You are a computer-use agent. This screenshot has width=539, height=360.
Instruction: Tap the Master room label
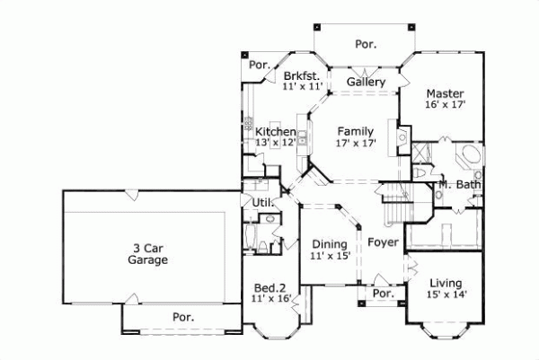pos(444,92)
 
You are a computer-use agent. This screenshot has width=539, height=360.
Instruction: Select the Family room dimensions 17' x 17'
pos(356,143)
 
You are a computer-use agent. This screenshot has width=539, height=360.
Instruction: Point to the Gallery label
pos(367,83)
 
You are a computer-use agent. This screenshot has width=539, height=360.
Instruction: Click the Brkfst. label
pos(302,75)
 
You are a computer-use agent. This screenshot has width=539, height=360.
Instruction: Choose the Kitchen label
pos(275,132)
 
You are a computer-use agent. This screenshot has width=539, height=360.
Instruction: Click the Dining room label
pos(329,244)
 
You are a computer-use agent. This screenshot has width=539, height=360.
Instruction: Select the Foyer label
pos(383,241)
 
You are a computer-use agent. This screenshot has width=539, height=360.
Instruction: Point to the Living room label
pos(445,282)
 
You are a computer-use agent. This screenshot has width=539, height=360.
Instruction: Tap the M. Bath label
pos(460,186)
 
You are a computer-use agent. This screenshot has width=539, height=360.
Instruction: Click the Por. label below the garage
pos(183,317)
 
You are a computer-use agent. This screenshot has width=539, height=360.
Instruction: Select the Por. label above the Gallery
pos(366,43)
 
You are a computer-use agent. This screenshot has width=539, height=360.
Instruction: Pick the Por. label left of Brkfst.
pos(260,65)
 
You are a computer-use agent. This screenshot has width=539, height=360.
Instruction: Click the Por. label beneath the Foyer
pos(384,294)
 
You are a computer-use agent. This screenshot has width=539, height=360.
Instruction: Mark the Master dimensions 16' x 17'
pos(444,105)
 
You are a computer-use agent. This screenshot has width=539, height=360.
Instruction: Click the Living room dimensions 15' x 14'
pos(445,294)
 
